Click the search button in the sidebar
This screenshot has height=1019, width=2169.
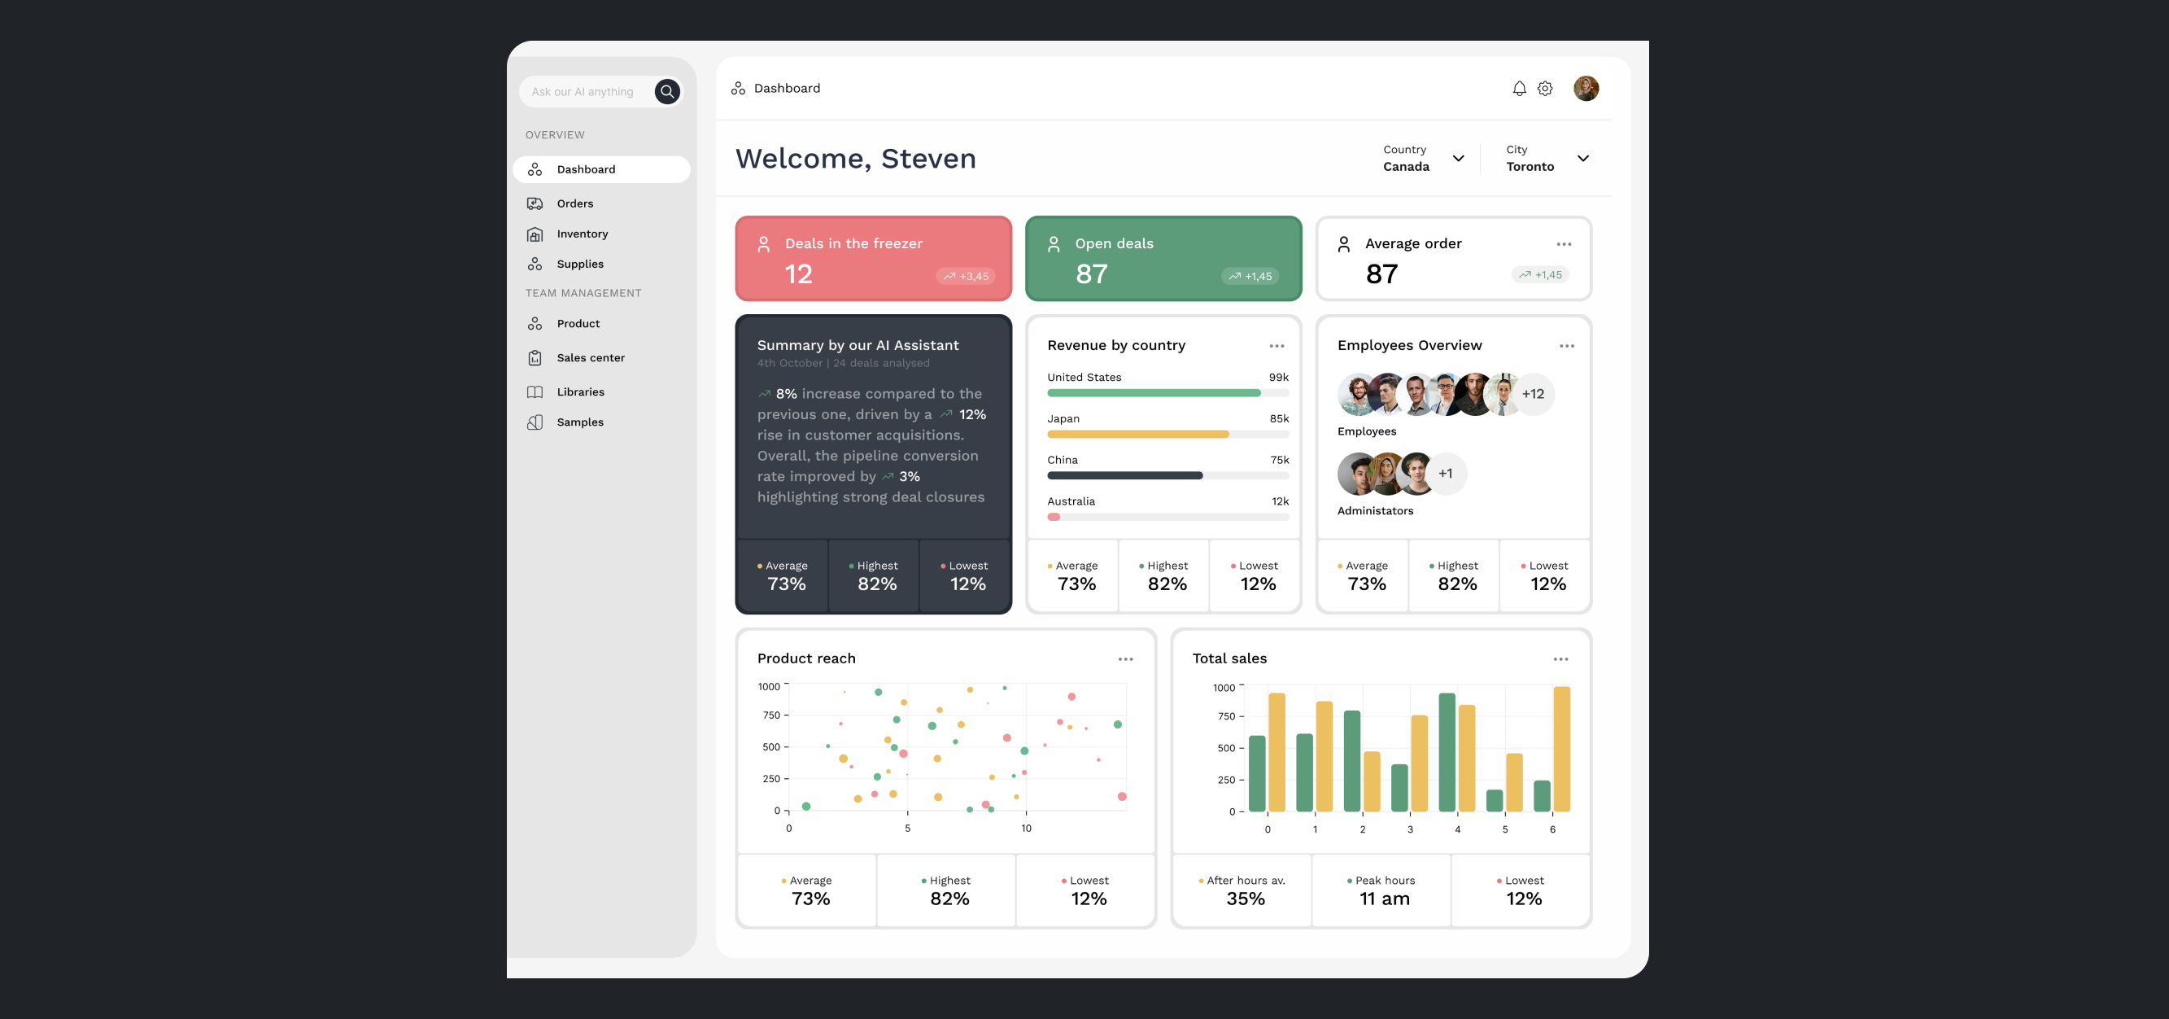[667, 92]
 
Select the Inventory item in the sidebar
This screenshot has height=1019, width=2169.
[582, 234]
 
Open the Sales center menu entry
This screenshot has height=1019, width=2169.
[590, 358]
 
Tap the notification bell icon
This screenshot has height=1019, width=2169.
[1519, 89]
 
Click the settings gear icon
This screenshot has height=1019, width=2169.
[1545, 89]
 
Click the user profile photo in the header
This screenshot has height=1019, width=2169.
[1586, 89]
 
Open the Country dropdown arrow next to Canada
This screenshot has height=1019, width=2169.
[1459, 159]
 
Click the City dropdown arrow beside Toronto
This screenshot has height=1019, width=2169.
[1583, 159]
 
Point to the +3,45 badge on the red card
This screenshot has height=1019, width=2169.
[966, 276]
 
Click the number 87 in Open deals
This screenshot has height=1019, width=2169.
[1091, 273]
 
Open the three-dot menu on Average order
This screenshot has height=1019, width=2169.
[1564, 244]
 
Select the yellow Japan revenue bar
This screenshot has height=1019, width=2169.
[1137, 435]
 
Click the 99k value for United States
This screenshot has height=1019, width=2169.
[1278, 378]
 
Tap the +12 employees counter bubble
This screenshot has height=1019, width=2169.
[1533, 394]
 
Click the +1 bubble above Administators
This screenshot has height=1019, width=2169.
[1445, 474]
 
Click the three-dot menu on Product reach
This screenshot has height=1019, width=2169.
[1125, 659]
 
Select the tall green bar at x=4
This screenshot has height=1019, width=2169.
[1447, 752]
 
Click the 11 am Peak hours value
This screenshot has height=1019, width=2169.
[1384, 899]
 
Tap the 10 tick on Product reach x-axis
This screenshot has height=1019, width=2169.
[1026, 829]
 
